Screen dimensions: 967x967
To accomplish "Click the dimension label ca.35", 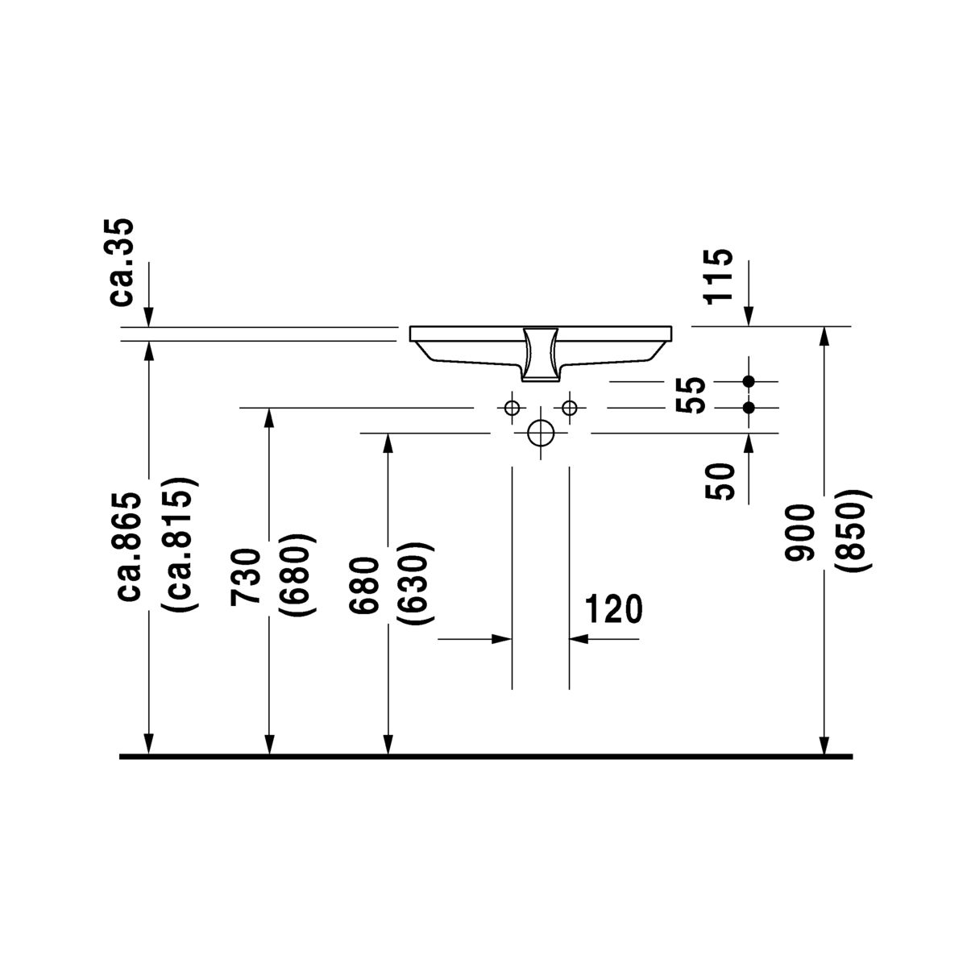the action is pyautogui.click(x=122, y=262).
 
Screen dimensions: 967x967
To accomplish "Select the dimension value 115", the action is pyautogui.click(x=718, y=276).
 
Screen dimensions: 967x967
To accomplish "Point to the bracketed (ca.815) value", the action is pyautogui.click(x=180, y=545).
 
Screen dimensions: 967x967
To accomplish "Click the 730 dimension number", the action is pyautogui.click(x=246, y=578).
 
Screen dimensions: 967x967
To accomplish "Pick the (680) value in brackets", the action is pyautogui.click(x=297, y=575).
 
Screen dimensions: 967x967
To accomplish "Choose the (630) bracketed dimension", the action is pyautogui.click(x=415, y=583).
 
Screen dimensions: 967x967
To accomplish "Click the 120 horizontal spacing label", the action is pyautogui.click(x=613, y=609).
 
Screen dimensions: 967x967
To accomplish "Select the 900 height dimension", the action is pyautogui.click(x=799, y=533).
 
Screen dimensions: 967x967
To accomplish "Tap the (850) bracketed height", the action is pyautogui.click(x=853, y=530).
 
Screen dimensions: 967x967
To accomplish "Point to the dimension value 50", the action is pyautogui.click(x=720, y=482).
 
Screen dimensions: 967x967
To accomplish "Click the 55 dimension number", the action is pyautogui.click(x=691, y=395).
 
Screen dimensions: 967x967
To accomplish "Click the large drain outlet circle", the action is pyautogui.click(x=541, y=433).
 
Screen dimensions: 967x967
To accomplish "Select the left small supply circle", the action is pyautogui.click(x=512, y=408).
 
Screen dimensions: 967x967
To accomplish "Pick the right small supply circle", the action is pyautogui.click(x=569, y=408).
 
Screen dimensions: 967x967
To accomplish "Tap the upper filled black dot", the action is pyautogui.click(x=749, y=381).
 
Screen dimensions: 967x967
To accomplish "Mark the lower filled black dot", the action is pyautogui.click(x=749, y=408).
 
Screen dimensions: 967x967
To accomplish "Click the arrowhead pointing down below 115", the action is pyautogui.click(x=749, y=315).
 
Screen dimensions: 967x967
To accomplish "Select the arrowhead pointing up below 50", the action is pyautogui.click(x=749, y=443).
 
